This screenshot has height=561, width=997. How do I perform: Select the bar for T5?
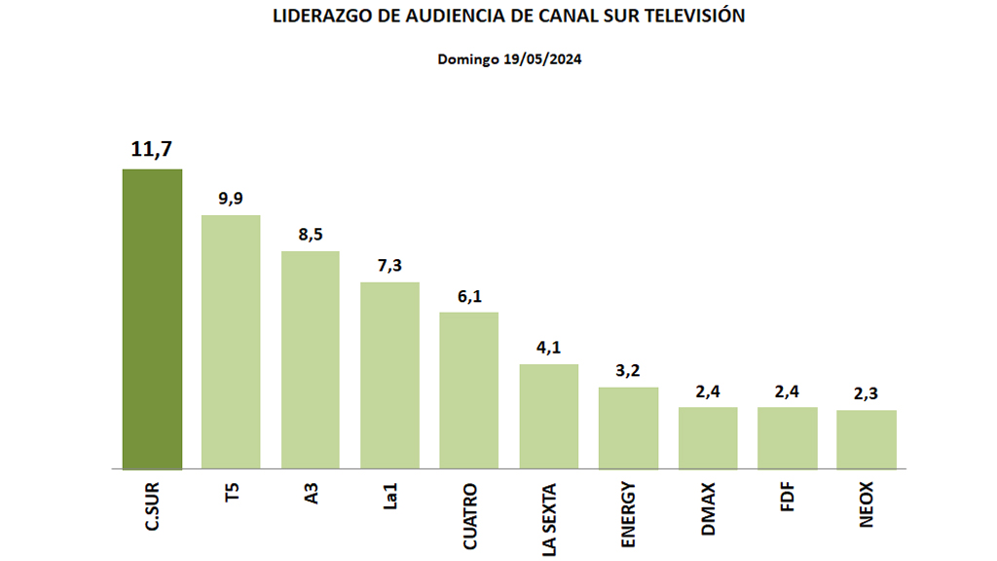click(x=231, y=341)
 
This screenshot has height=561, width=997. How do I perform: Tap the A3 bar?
click(x=311, y=359)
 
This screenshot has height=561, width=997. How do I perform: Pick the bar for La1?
click(x=389, y=375)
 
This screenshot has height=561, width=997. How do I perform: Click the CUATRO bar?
click(x=469, y=390)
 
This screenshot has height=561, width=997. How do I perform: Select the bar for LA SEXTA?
click(x=549, y=416)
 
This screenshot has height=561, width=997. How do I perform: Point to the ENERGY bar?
click(x=628, y=428)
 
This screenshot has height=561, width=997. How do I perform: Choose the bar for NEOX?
click(x=867, y=439)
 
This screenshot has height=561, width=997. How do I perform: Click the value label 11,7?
click(x=152, y=149)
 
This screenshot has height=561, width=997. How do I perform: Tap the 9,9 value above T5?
click(x=231, y=198)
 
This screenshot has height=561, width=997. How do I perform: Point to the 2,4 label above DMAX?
click(x=708, y=392)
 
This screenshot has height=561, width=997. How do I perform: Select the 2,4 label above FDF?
click(x=787, y=392)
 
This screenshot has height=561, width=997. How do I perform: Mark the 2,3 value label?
click(x=867, y=394)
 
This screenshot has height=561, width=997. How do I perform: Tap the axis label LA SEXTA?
click(x=549, y=518)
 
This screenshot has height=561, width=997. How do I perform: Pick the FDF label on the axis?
click(x=787, y=498)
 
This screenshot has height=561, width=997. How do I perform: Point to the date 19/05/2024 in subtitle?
click(x=543, y=58)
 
